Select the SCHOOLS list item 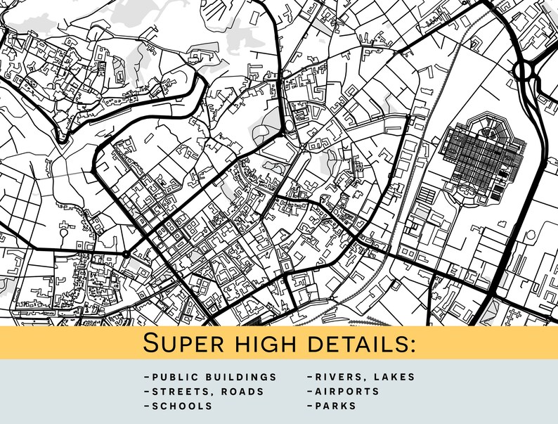(182, 406)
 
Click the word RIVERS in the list (335, 377)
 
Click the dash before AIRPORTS (309, 392)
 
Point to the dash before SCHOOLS (145, 406)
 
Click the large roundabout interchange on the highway (524, 70)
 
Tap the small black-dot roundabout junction (126, 254)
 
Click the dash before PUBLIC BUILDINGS (145, 377)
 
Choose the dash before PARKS (309, 406)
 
